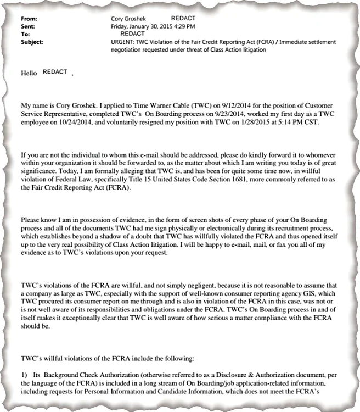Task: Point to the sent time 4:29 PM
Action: click(183, 26)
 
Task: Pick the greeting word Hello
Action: click(29, 73)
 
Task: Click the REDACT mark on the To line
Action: click(131, 34)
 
